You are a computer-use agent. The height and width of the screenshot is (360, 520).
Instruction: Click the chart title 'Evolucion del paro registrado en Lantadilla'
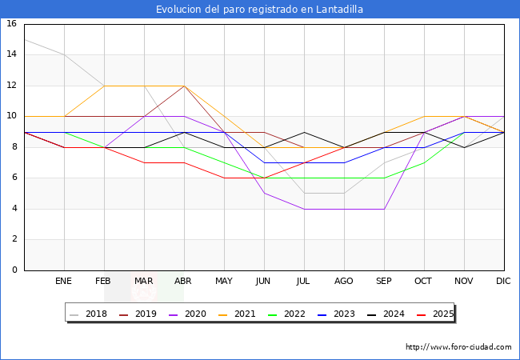coord(260,10)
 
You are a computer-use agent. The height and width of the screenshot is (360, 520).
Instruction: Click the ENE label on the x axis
coord(64,282)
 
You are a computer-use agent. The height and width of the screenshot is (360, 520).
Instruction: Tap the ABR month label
coord(184,282)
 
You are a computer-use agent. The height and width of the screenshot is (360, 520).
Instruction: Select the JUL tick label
coord(304,282)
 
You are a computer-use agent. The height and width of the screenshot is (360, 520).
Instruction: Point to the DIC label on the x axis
coord(504,282)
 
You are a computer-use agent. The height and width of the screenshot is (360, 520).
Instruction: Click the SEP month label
coord(384,282)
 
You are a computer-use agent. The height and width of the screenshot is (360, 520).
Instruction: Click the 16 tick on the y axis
coord(12,24)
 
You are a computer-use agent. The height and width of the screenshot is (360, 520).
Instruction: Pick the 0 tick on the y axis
coord(14,270)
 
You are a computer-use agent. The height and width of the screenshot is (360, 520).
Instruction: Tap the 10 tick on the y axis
coord(12,116)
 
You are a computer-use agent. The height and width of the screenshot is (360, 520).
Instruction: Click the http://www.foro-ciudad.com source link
coord(458,347)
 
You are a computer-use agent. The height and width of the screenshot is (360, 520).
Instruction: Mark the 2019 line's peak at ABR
coord(184,86)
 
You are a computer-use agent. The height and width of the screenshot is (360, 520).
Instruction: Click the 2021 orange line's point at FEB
coord(104,86)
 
